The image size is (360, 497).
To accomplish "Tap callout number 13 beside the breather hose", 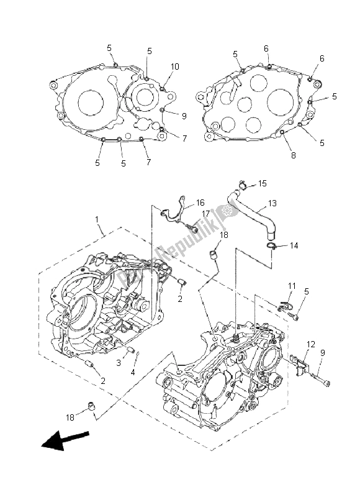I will point(272,204).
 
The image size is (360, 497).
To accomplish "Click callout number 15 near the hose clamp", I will point(262,184).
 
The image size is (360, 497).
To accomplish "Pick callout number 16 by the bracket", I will point(200,203).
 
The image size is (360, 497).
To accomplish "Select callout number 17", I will point(205,215).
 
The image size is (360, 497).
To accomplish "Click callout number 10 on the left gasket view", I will point(175,66).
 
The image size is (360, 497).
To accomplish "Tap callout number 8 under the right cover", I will point(294,156).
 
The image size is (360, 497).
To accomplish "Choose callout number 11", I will point(291,285).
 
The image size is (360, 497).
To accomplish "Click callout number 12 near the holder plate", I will point(311,344).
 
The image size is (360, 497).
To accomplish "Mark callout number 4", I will point(132,372).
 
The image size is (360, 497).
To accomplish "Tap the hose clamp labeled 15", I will point(243,184).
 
